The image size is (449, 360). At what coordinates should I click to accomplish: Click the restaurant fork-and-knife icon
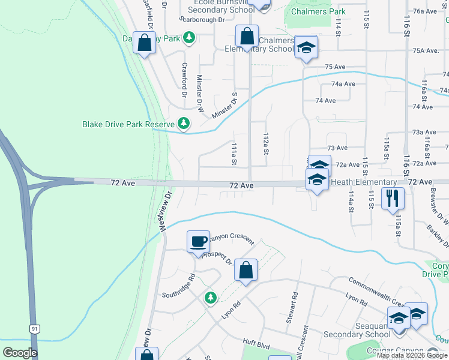coord(393,198)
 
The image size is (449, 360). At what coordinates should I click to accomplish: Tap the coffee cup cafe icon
coord(199,241)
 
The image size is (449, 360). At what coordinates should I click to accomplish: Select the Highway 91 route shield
coord(35,328)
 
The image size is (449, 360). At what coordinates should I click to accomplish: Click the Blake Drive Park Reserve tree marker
coord(184,124)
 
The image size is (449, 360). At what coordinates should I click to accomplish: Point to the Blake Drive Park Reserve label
coord(128,125)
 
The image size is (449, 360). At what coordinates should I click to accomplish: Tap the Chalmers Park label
coord(318,11)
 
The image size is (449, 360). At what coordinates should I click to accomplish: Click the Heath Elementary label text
coord(364,182)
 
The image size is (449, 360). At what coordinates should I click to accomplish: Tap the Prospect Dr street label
coord(216,256)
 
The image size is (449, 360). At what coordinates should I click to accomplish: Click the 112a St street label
coord(265,144)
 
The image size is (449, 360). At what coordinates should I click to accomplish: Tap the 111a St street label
coord(235,154)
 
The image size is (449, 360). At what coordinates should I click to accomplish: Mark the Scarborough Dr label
coord(202,19)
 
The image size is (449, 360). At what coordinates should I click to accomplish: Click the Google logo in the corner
coord(20,353)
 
